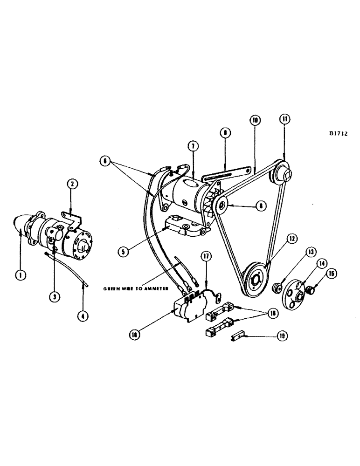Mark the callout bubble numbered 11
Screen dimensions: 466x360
pos(284,119)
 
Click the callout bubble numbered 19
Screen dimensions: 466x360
pos(281,336)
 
